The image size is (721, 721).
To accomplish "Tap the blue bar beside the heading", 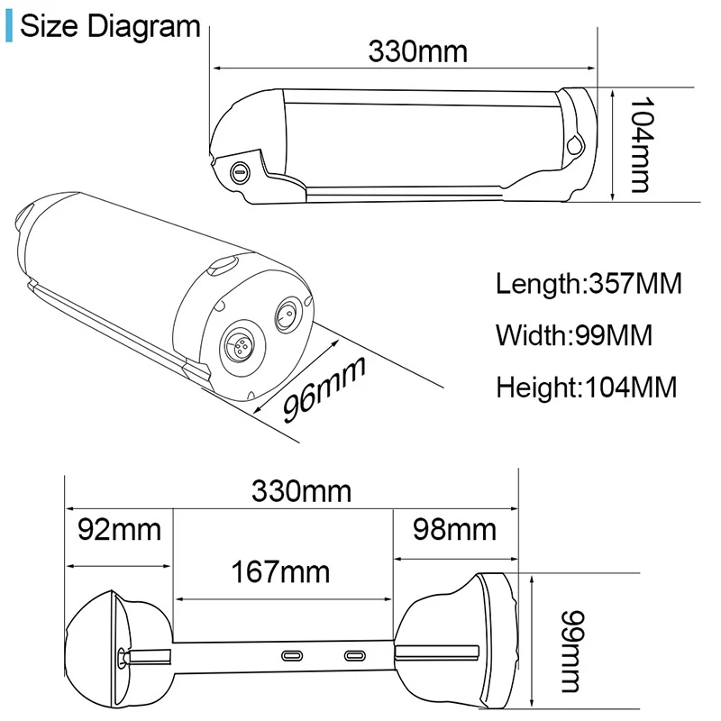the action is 9,27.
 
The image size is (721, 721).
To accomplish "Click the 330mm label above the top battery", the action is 417,51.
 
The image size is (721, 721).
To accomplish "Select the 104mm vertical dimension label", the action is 641,144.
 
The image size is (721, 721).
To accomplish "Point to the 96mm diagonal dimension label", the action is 324,389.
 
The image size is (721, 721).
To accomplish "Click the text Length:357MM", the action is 589,284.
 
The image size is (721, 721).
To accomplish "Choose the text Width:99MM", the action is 574,335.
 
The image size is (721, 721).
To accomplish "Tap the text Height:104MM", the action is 587,388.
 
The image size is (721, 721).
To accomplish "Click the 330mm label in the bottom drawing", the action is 301,491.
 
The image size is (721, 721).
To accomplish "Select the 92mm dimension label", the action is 120,530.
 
